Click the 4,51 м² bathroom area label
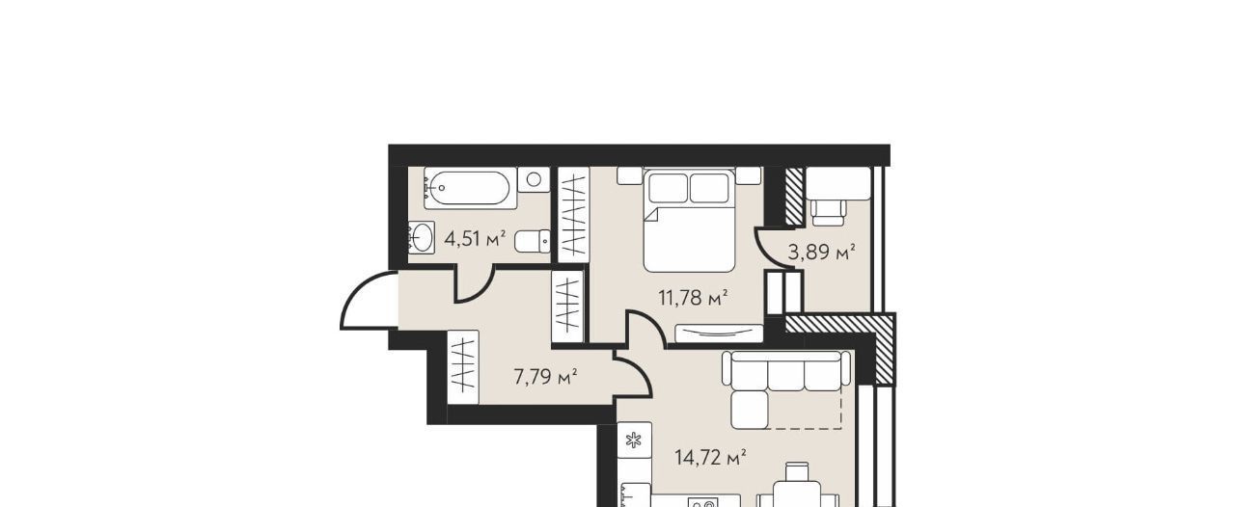(x=475, y=240)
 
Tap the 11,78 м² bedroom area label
(x=694, y=298)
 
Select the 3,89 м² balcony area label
(x=822, y=253)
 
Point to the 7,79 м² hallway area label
(x=545, y=378)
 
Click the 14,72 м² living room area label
(x=711, y=458)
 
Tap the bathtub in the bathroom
(x=470, y=189)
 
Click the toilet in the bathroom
(x=533, y=241)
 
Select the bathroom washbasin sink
(x=422, y=237)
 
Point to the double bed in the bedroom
(x=689, y=221)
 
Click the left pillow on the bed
(x=668, y=188)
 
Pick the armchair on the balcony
(x=828, y=212)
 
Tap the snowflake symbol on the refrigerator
(x=635, y=440)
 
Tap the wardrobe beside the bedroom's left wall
(x=573, y=214)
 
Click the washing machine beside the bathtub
(x=534, y=179)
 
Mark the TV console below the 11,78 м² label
(x=720, y=333)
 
